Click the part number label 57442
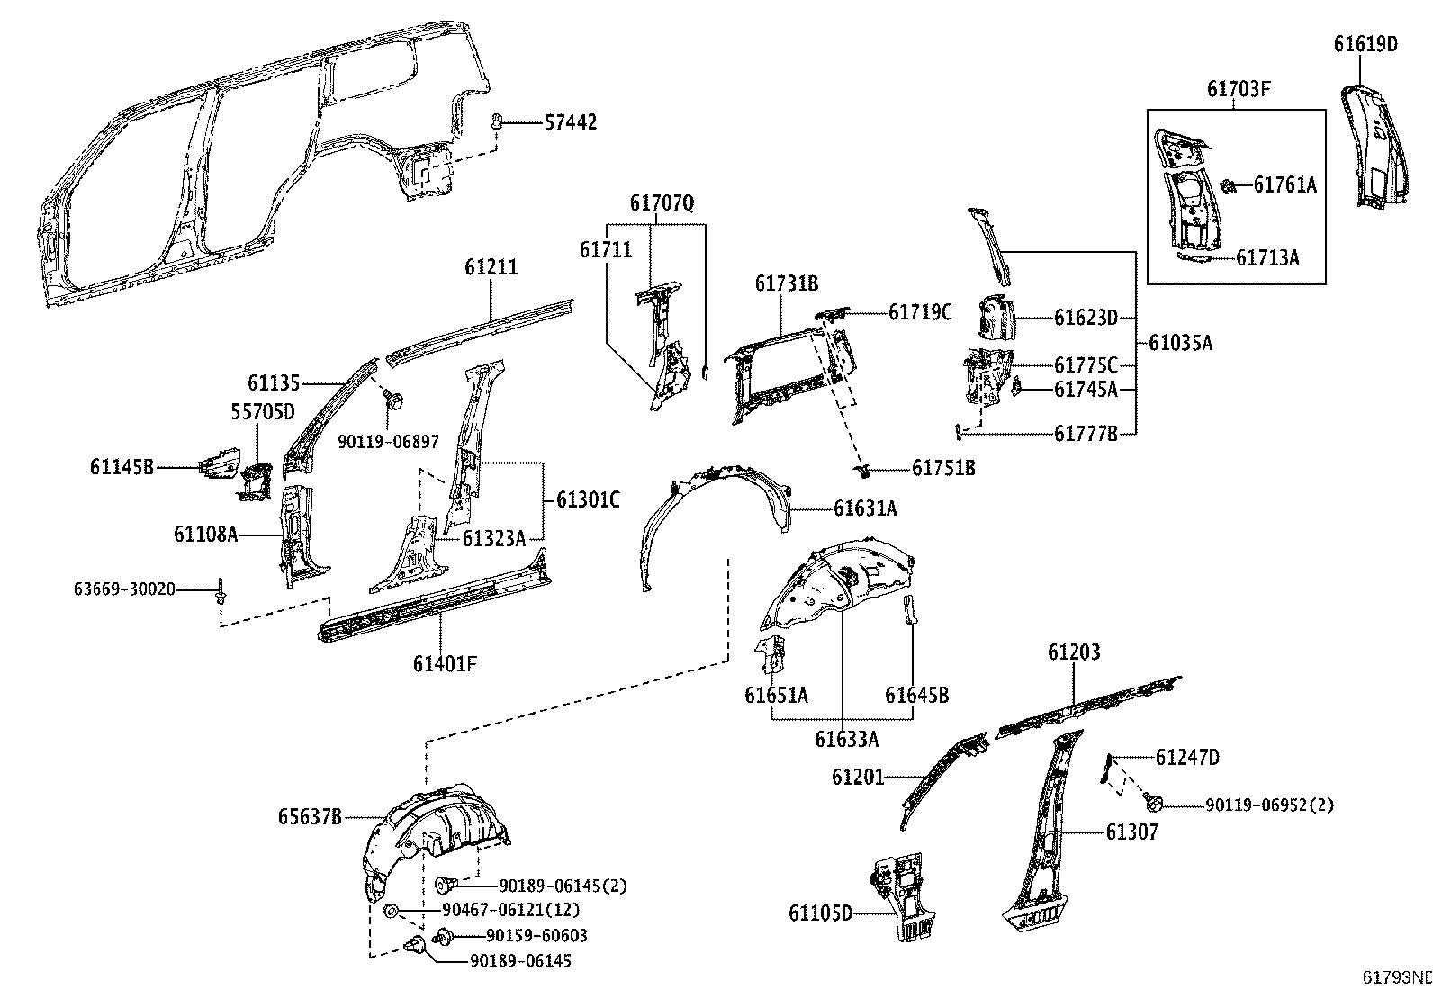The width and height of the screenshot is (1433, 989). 571,123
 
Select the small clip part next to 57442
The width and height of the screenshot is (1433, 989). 497,121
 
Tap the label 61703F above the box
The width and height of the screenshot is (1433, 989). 1239,89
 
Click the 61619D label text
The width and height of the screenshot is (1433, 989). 1365,44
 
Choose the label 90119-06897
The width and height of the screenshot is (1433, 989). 389,442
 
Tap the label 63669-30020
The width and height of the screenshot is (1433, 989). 124,589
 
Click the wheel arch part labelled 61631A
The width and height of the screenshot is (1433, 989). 711,513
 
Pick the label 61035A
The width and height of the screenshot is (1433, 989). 1180,343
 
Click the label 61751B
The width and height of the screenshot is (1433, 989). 943,468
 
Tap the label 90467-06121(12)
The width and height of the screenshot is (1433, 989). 509,911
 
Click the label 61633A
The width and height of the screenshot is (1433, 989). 846,739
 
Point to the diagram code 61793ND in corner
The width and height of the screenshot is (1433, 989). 1396,977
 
